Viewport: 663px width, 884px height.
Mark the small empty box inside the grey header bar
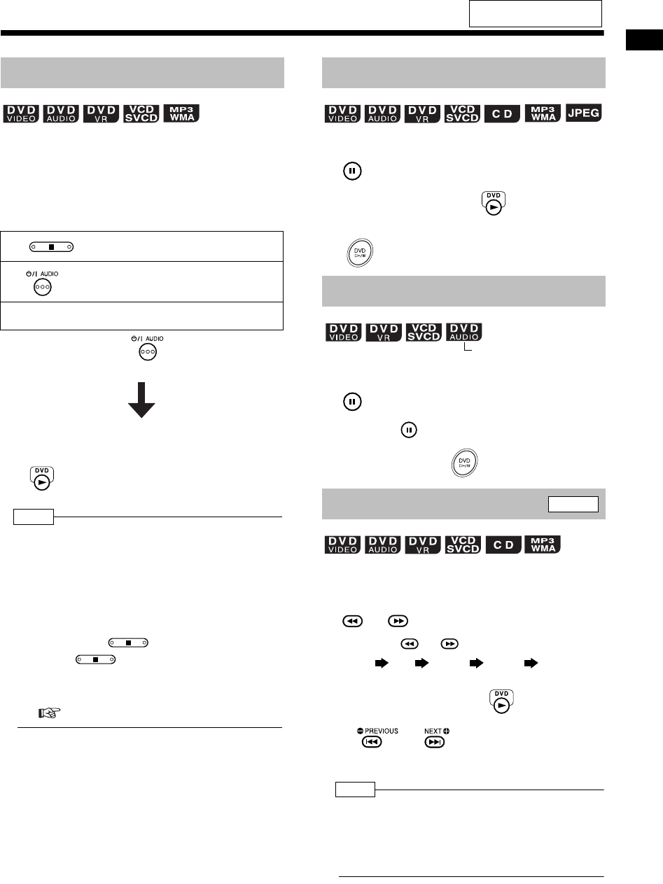[573, 504]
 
